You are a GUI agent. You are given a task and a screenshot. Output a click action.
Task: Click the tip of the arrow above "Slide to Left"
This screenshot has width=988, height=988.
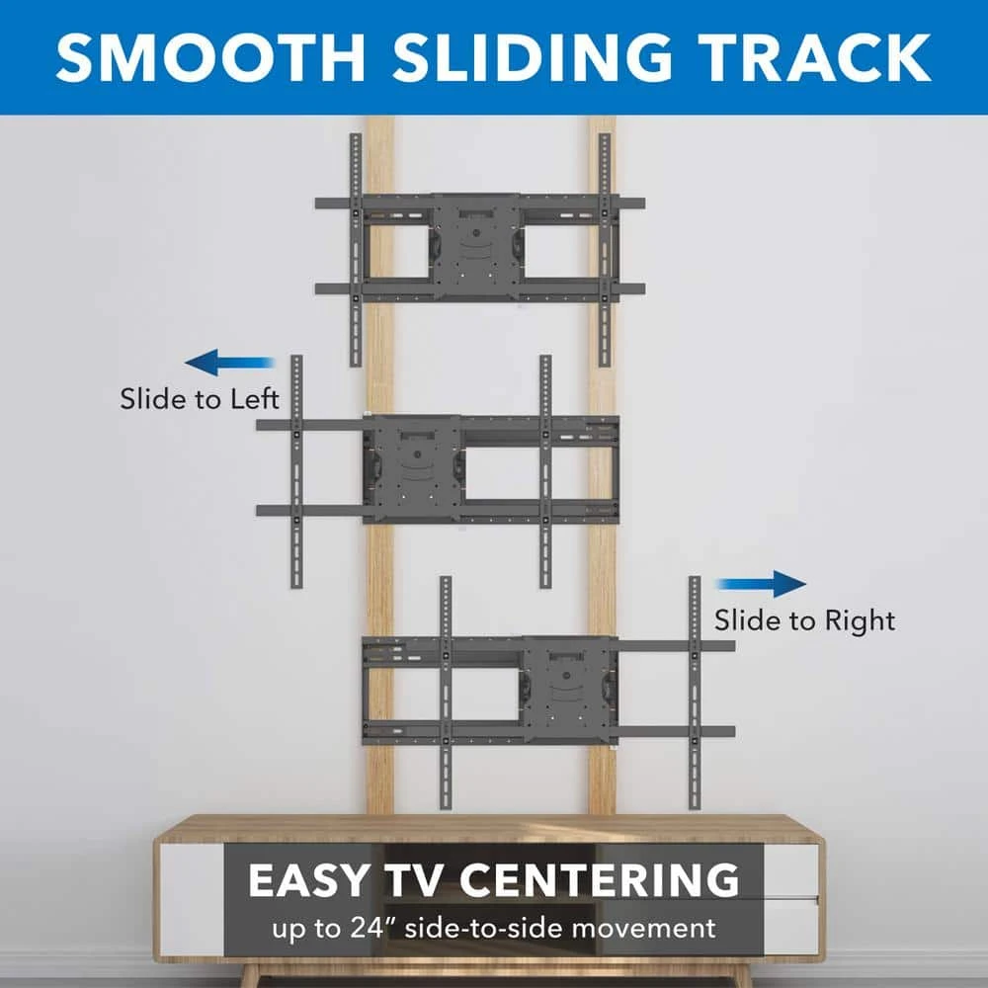[x=185, y=363]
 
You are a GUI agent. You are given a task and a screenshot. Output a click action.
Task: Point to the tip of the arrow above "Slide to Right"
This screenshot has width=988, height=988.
[x=806, y=584]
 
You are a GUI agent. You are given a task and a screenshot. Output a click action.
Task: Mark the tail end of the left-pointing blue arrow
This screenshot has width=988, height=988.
[x=276, y=363]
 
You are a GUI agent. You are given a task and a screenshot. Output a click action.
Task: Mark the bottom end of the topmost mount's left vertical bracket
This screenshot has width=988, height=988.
[x=356, y=366]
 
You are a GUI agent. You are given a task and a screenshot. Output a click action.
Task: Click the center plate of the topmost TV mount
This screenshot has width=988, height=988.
[x=476, y=247]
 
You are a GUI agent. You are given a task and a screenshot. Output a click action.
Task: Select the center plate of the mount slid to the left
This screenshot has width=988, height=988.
[x=417, y=468]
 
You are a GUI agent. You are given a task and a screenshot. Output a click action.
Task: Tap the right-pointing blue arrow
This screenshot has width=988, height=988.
[x=761, y=584]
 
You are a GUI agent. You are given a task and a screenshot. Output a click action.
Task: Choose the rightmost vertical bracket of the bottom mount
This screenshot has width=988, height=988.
[x=695, y=693]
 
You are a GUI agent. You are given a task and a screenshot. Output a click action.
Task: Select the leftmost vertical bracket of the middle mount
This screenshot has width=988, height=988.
[x=296, y=471]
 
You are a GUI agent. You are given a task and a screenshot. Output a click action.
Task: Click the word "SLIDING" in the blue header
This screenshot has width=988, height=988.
[x=533, y=58]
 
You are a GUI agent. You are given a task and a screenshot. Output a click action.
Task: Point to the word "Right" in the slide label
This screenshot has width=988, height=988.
[x=861, y=621]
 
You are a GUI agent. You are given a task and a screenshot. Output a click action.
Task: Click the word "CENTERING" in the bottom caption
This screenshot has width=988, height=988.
[x=600, y=879]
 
